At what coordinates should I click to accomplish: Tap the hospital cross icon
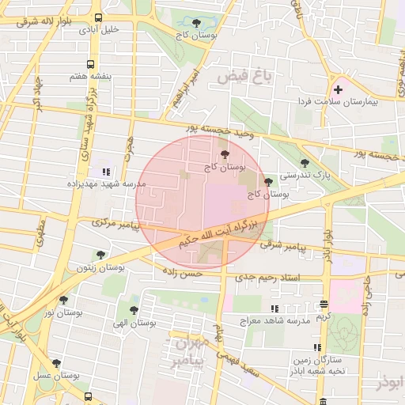pos(339,89)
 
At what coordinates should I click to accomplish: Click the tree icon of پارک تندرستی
pos(305,163)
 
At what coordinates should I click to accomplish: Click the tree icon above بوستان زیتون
pos(100,255)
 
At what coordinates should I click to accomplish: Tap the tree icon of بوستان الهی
pos(133,310)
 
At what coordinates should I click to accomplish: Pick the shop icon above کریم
pos(324,305)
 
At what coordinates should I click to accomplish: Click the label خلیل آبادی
pos(98,29)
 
